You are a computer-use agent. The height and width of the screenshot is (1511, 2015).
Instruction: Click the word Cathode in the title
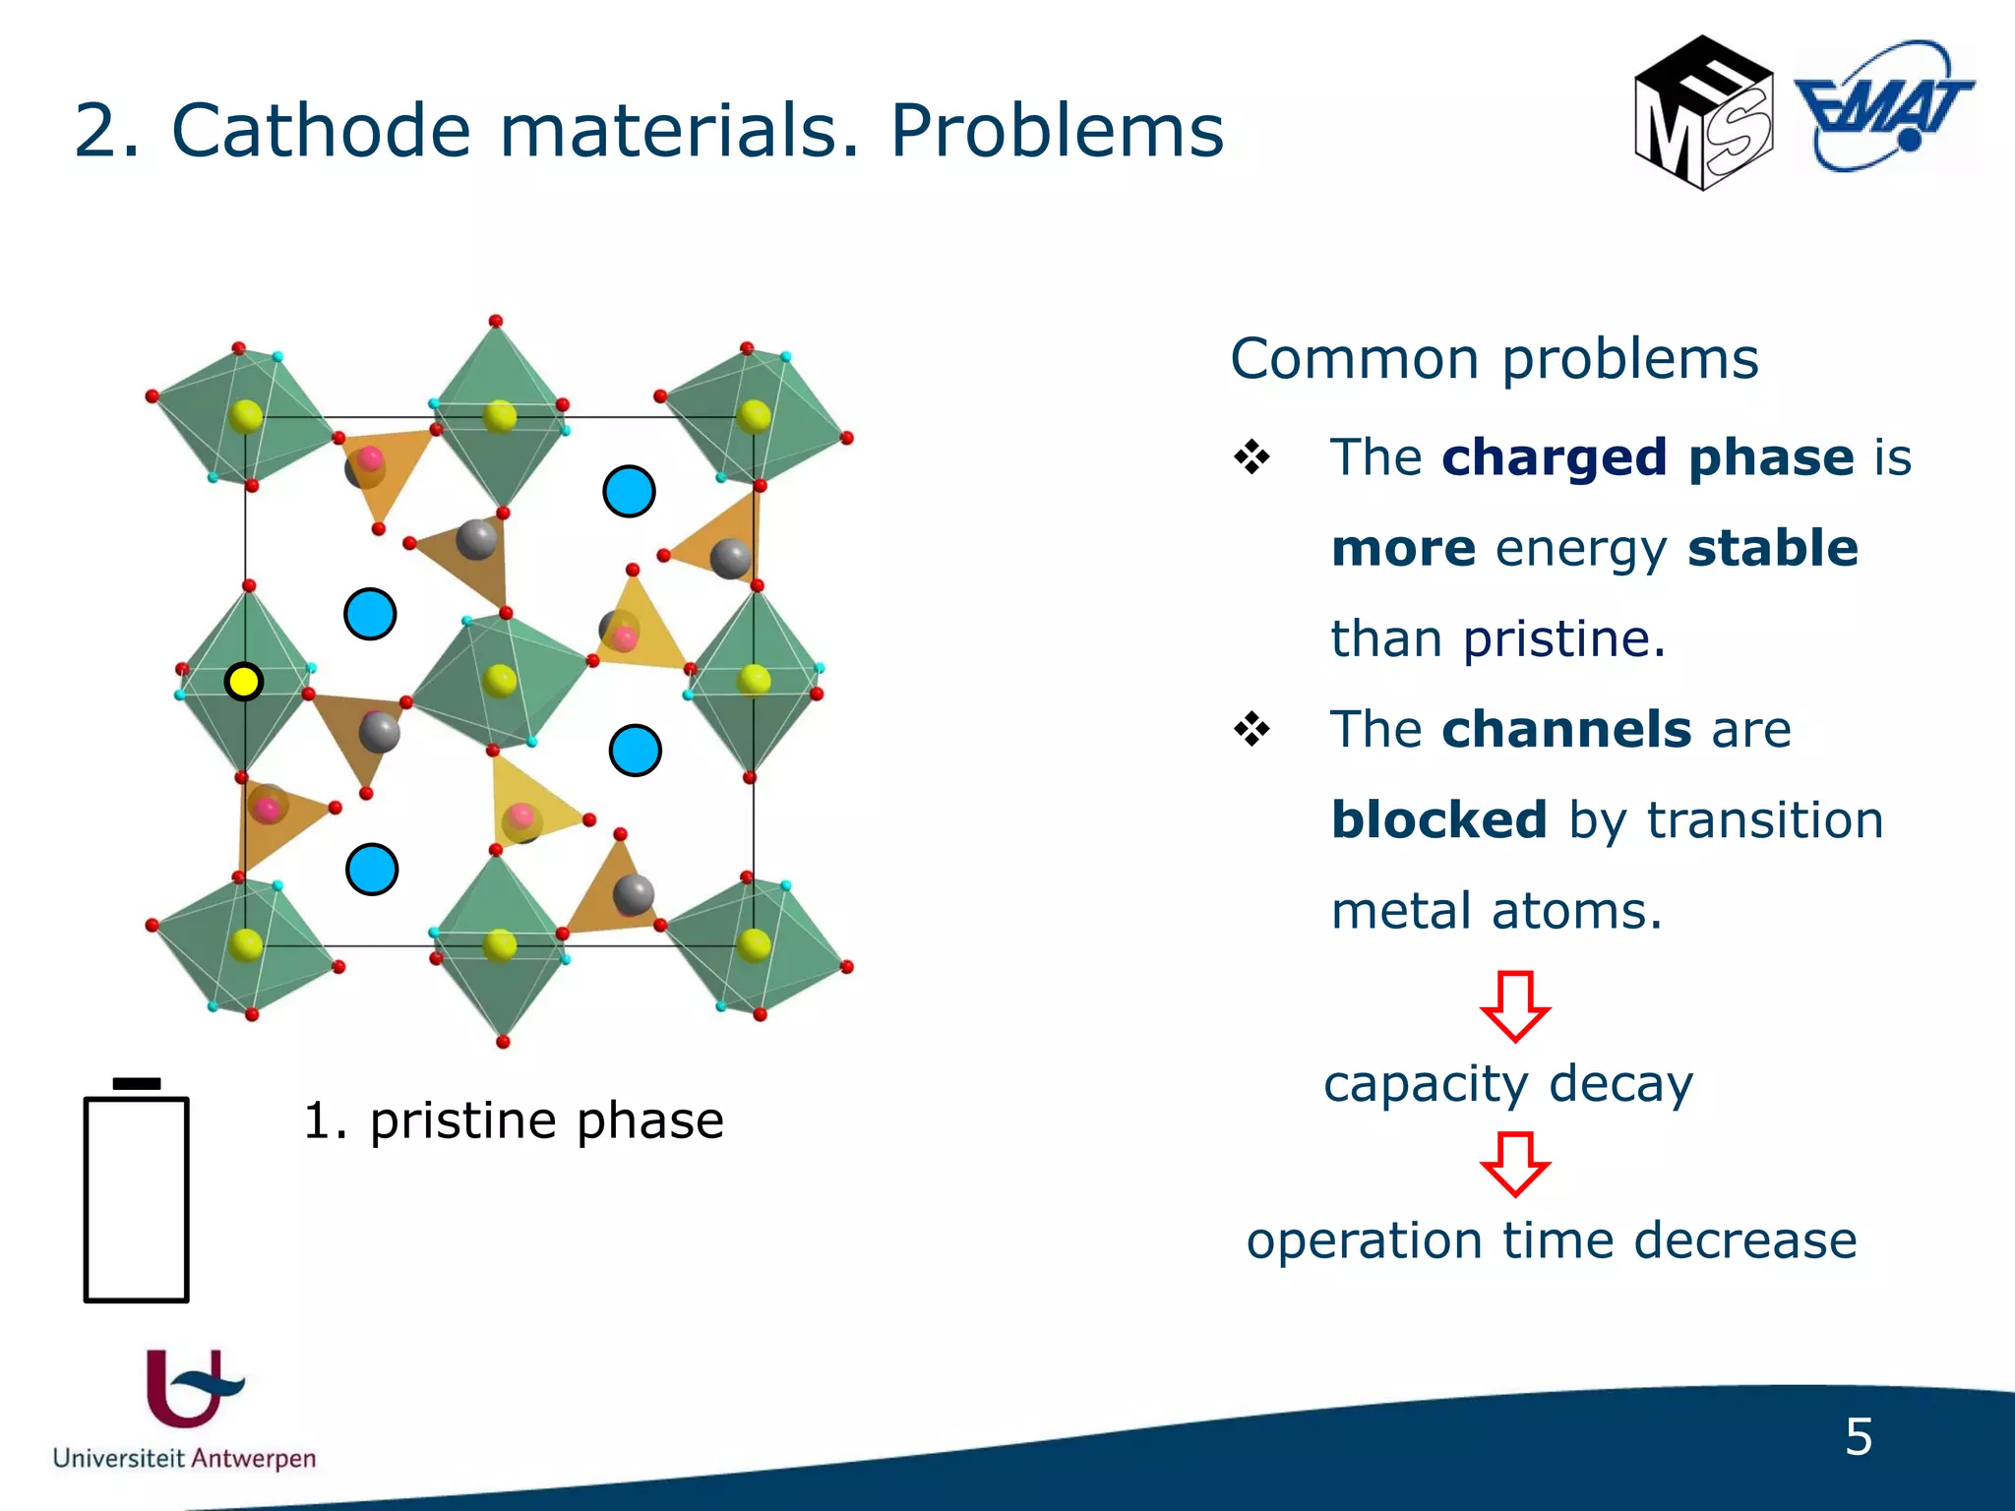[x=321, y=131]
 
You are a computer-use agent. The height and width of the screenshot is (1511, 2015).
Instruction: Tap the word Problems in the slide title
[x=1057, y=131]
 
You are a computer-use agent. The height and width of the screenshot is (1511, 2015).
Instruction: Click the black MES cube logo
[x=1703, y=114]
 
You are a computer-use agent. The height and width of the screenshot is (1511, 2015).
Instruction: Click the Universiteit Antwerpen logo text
[x=184, y=1458]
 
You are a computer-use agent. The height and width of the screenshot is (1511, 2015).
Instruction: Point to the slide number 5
[x=1858, y=1437]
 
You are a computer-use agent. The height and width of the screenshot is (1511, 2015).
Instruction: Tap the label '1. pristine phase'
[x=513, y=1120]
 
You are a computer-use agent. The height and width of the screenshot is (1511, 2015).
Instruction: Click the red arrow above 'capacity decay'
[x=1514, y=1005]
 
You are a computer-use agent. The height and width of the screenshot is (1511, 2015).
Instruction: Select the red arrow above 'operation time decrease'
[x=1514, y=1164]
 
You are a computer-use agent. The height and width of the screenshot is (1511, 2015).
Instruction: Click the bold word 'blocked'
[x=1438, y=820]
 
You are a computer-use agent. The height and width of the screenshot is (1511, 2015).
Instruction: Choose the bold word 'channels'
[x=1566, y=730]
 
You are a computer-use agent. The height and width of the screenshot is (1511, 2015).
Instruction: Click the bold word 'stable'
[x=1772, y=548]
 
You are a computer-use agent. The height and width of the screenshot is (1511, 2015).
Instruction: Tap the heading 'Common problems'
[x=1494, y=359]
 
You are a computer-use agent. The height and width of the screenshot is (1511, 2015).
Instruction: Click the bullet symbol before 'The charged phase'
[x=1252, y=457]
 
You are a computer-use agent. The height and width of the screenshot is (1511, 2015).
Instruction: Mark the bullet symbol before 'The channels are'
[x=1252, y=730]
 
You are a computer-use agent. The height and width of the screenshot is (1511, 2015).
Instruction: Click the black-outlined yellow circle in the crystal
[x=243, y=682]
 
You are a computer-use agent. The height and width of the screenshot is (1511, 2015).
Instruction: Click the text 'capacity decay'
[x=1508, y=1084]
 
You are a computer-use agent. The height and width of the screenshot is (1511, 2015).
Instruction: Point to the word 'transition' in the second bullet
[x=1765, y=820]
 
